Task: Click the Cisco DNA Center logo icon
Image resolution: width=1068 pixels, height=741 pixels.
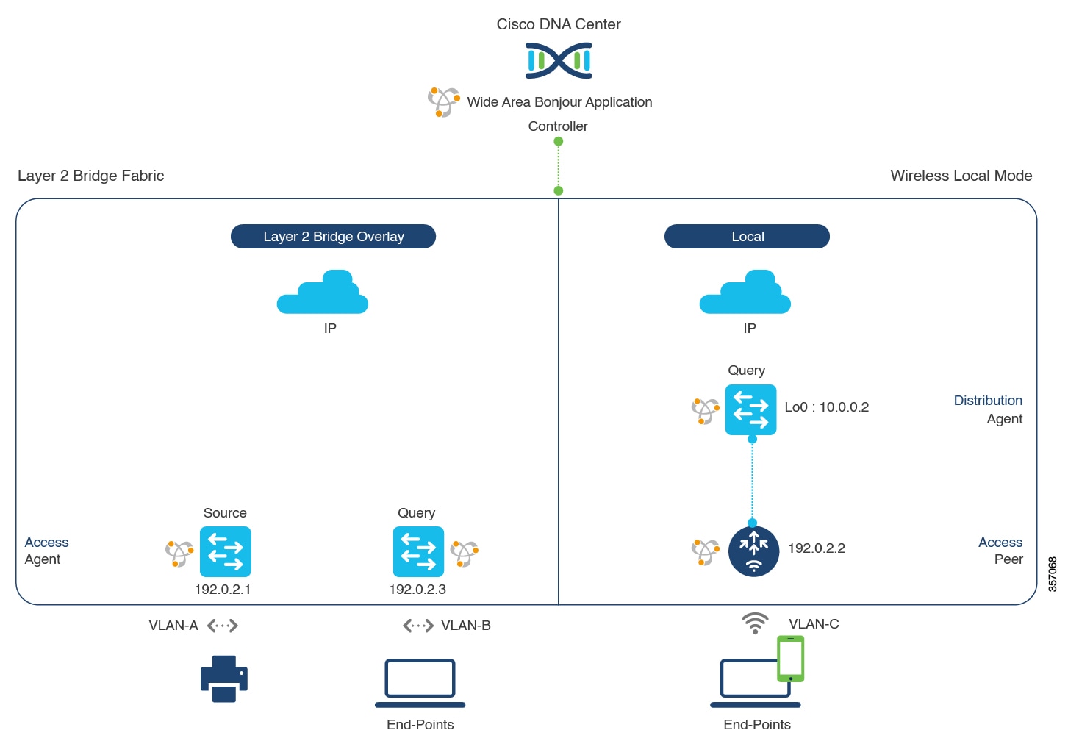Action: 559,60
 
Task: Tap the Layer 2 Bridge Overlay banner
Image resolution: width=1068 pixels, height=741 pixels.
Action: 333,237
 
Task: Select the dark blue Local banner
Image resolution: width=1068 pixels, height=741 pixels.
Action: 747,237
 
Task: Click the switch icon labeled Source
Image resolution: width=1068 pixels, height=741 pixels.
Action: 225,551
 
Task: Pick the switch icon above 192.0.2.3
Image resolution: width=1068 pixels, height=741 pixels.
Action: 418,551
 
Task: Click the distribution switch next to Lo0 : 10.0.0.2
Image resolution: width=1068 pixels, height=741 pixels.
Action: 750,409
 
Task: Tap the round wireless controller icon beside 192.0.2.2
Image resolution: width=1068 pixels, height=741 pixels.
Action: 753,551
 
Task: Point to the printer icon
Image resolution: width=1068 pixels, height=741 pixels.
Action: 224,679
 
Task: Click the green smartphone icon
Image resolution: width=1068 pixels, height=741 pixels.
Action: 791,659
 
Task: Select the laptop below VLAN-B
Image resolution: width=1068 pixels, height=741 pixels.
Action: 420,682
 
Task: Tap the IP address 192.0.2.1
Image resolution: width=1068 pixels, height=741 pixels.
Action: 223,590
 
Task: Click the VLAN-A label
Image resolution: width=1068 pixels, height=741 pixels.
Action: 173,626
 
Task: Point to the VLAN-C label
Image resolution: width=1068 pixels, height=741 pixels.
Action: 814,624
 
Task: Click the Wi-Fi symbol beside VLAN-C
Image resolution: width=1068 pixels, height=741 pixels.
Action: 755,623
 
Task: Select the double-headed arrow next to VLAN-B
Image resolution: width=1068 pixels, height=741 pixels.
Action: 418,626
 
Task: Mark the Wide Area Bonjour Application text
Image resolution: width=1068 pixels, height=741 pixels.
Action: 559,102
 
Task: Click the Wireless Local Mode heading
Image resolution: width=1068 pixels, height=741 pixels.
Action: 961,176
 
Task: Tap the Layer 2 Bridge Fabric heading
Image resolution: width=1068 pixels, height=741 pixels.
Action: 91,176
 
